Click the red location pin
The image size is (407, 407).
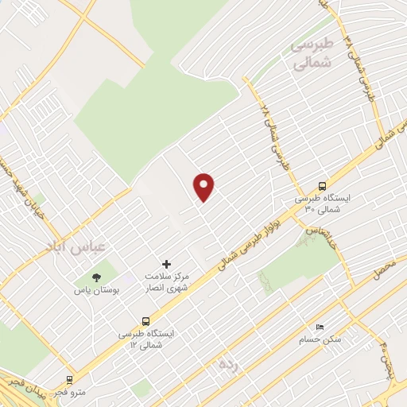pos(204,187)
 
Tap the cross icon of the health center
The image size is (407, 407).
pos(166,263)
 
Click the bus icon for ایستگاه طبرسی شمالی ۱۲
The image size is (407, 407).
pos(145,321)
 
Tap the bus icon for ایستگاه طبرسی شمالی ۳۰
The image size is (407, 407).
pos(321,183)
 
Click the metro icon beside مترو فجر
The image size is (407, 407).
pos(70,380)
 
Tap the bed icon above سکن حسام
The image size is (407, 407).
pos(320,327)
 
